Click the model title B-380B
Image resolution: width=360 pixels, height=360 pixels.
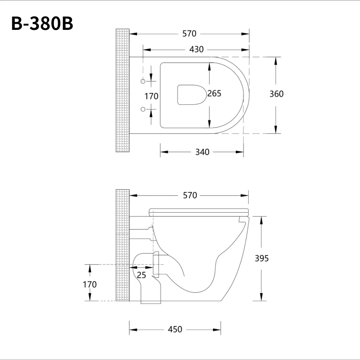42,24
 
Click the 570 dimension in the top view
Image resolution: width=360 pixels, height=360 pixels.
189,34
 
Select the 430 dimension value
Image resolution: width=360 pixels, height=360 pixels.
197,49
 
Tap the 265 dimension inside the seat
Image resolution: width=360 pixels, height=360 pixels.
215,94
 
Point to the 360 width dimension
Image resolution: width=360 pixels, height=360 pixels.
276,94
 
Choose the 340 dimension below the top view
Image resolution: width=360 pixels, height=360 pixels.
202,152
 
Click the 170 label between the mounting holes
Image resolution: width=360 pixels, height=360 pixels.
151,96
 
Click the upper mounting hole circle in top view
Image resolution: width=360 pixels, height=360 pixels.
143,81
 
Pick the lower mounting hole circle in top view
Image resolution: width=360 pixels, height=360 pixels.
143,109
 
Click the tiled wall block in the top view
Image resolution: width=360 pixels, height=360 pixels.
122,90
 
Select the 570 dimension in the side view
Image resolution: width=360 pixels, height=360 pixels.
190,195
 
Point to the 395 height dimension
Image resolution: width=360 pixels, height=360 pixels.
262,258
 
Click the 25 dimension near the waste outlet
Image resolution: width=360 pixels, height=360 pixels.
141,275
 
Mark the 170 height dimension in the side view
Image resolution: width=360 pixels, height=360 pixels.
90,284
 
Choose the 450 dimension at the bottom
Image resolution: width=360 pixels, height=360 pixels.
175,329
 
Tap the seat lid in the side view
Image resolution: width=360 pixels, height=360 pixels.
199,212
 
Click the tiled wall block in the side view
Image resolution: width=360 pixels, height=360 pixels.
122,245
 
